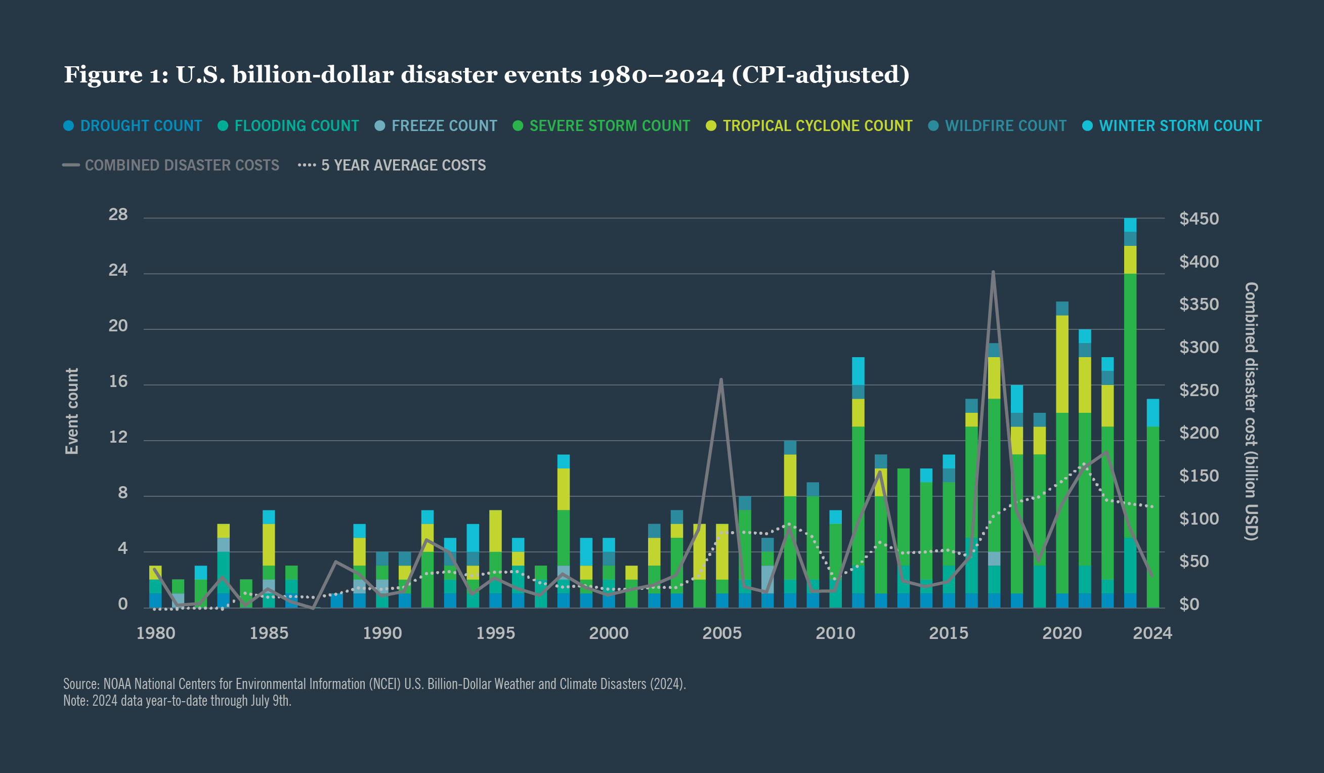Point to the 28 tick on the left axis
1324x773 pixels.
(x=118, y=215)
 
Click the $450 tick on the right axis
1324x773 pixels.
(x=1199, y=219)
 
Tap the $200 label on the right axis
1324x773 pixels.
(x=1199, y=433)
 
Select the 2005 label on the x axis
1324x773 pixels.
(x=722, y=633)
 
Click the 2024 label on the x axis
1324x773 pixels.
(x=1152, y=633)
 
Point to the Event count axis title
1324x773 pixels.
(x=72, y=411)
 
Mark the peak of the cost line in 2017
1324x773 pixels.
(x=993, y=272)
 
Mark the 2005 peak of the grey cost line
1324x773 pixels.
(x=721, y=379)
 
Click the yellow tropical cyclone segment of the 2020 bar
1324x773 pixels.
(x=1062, y=364)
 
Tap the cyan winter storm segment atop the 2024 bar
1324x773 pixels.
(x=1152, y=412)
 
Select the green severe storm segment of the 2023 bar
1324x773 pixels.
(x=1130, y=405)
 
